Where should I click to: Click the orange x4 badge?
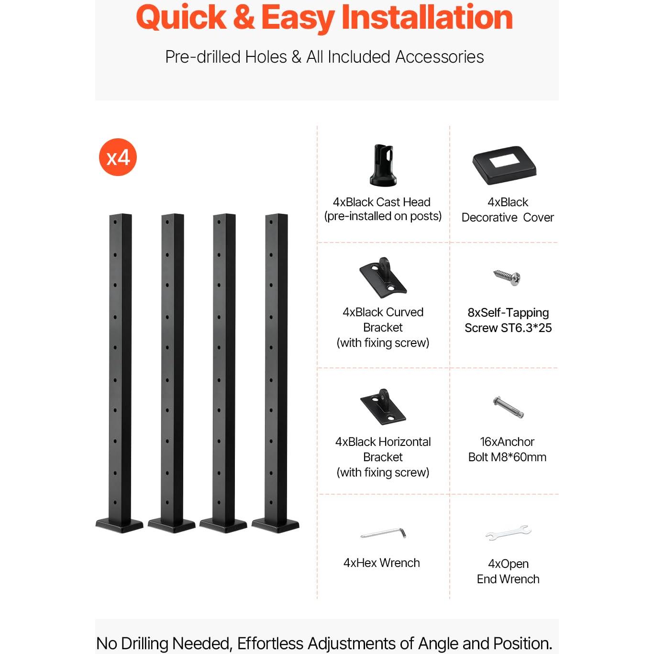tap(118, 157)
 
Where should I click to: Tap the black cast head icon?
tap(383, 165)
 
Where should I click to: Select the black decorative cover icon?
tap(505, 165)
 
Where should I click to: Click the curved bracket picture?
tap(383, 277)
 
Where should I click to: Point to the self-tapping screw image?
tap(508, 277)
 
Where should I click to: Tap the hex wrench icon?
tap(383, 532)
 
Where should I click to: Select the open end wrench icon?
tap(508, 532)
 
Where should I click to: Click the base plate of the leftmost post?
tap(119, 525)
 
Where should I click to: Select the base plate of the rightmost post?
tap(276, 525)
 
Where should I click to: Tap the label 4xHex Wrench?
tap(381, 563)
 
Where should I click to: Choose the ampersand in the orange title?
tap(244, 18)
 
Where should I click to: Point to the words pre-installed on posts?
tap(383, 216)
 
